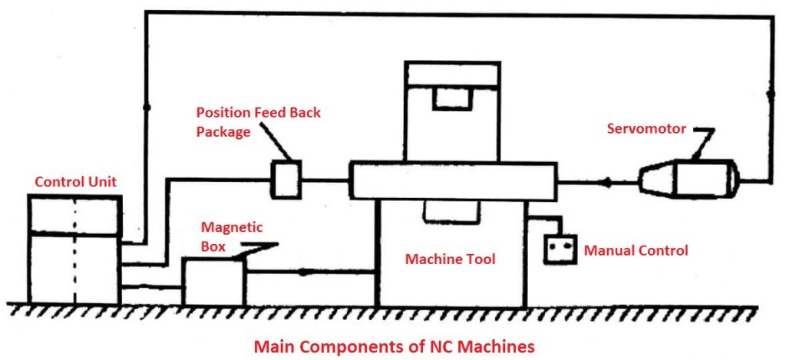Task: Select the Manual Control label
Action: pyautogui.click(x=636, y=250)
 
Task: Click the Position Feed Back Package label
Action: pyautogui.click(x=257, y=121)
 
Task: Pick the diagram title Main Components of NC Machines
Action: pyautogui.click(x=394, y=346)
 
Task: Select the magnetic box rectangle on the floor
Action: pyautogui.click(x=213, y=282)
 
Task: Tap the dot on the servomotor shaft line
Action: pyautogui.click(x=607, y=183)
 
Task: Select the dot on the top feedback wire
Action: pyautogui.click(x=146, y=104)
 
